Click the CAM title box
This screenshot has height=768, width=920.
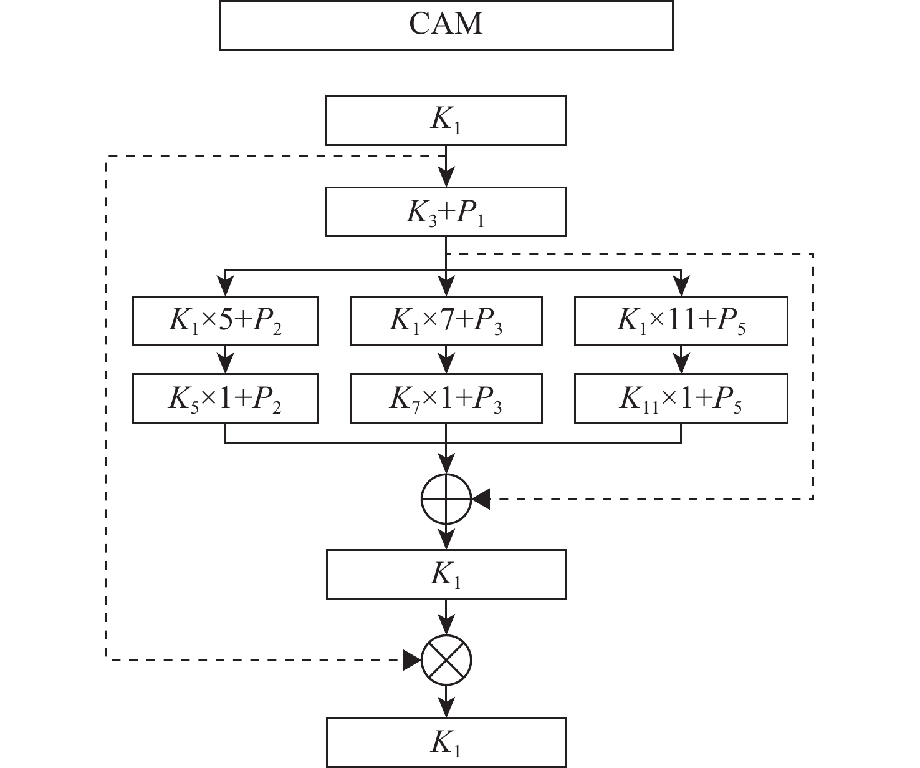pos(446,24)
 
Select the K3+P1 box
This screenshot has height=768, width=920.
pos(446,212)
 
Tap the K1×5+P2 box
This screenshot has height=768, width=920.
pos(225,321)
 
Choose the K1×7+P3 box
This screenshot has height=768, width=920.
pos(446,321)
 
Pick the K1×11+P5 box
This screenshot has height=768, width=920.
pos(681,321)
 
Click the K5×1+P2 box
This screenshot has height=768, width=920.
pos(225,399)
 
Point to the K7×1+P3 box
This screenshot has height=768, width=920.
pos(446,399)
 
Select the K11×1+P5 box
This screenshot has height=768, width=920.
pos(681,399)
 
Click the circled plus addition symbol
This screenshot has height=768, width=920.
pos(446,498)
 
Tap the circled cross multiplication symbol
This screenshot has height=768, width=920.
pos(446,659)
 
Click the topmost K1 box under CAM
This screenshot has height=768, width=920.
pos(446,121)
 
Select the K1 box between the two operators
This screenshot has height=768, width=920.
pos(446,575)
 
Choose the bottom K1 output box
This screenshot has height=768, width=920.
pos(446,743)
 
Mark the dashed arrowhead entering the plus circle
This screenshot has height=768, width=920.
pos(482,498)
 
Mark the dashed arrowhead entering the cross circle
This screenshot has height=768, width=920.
pos(411,659)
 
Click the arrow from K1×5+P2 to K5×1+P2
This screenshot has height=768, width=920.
pos(225,360)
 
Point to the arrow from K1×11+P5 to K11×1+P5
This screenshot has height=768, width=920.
pos(681,360)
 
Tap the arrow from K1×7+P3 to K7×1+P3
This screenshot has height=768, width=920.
pos(446,360)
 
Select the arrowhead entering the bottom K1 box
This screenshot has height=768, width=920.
pos(446,710)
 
